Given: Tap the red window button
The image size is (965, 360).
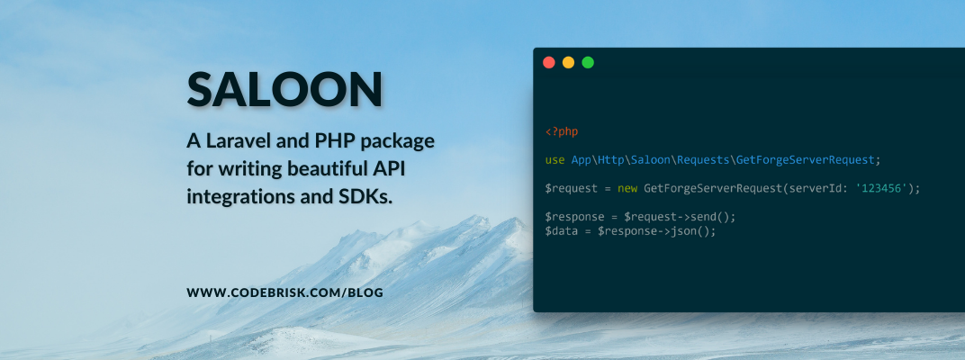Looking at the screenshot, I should [549, 63].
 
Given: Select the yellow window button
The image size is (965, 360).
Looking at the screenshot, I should [568, 63].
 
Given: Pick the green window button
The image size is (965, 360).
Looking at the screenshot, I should [588, 63].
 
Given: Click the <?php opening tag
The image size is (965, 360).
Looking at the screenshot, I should [562, 131].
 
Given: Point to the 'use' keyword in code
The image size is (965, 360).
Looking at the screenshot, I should [555, 160].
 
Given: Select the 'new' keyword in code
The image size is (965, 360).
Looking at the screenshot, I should [627, 188].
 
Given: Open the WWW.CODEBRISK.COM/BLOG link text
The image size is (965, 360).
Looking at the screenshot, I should [285, 293].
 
